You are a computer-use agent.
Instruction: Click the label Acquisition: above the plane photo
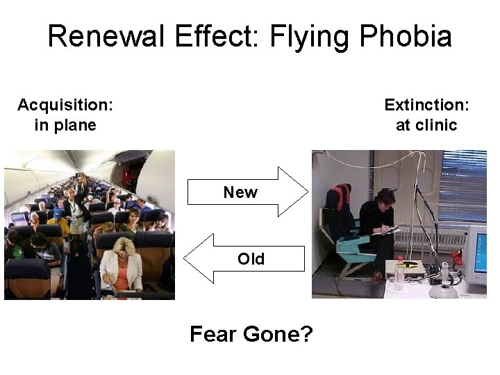click(x=65, y=105)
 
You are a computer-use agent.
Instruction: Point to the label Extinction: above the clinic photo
click(x=426, y=105)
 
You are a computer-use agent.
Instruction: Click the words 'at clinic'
click(x=426, y=125)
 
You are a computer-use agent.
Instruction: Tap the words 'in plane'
click(x=65, y=125)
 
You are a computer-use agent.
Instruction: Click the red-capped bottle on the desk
click(x=399, y=274)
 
